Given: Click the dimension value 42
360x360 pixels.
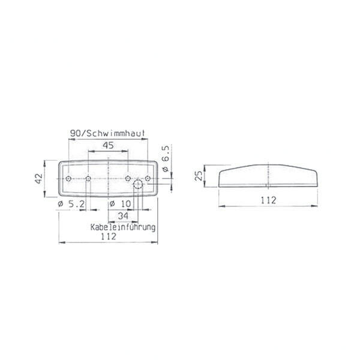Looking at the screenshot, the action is [x=39, y=178].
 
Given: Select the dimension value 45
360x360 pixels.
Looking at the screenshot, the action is [x=108, y=145].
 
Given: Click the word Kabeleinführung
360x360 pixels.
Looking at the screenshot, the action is [x=123, y=227].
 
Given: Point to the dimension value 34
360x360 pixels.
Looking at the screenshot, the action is [x=123, y=216].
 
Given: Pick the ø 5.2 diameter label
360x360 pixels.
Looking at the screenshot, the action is [x=71, y=203].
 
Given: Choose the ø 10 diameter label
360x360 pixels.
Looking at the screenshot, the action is [x=121, y=203].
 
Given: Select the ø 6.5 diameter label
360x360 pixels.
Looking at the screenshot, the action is [x=166, y=158].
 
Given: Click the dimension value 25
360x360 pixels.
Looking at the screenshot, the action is [x=199, y=176].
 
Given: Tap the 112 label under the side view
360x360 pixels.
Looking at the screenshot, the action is [x=268, y=200].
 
